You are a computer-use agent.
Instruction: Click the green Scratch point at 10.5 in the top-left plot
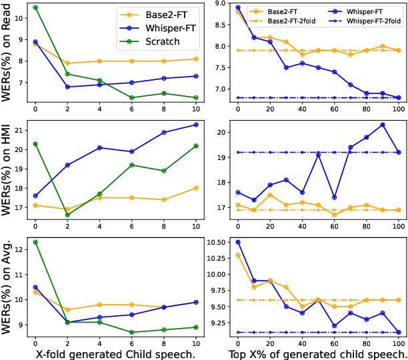pos(35,7)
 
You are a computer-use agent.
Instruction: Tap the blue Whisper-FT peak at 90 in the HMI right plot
pos(383,125)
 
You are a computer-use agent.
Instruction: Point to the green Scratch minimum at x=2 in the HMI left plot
pos(67,215)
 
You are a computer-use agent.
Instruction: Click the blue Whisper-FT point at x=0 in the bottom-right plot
pos(238,242)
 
